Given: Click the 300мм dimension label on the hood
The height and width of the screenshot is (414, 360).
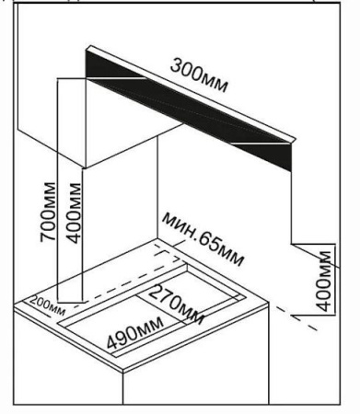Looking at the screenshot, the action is pos(199,75).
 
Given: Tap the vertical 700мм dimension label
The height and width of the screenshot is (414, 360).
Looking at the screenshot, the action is pos(48,212).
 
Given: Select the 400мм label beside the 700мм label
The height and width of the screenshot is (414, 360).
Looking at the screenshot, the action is pos(74,213).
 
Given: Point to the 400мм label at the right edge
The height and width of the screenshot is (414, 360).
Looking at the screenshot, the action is pos(323,282).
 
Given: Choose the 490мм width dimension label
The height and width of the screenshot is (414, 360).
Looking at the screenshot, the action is pos(135,333).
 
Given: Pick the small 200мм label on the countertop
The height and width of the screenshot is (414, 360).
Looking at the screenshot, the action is pos(48,306).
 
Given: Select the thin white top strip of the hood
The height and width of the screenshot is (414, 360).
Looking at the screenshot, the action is pos(191,93).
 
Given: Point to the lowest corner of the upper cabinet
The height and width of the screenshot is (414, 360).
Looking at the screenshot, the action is pos(85,167).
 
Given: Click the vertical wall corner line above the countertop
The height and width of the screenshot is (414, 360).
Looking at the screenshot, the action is pos(157,188).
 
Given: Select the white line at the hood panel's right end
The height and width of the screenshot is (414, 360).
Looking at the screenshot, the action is pos(261,143).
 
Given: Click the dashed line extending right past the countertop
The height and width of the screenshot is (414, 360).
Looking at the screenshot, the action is pos(296,318).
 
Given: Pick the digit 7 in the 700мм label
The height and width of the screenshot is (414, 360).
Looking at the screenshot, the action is pos(48,236).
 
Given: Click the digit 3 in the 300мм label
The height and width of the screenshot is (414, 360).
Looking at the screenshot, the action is pos(177,65).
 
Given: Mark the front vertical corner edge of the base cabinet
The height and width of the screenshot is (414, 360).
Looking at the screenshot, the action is pos(123,387).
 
